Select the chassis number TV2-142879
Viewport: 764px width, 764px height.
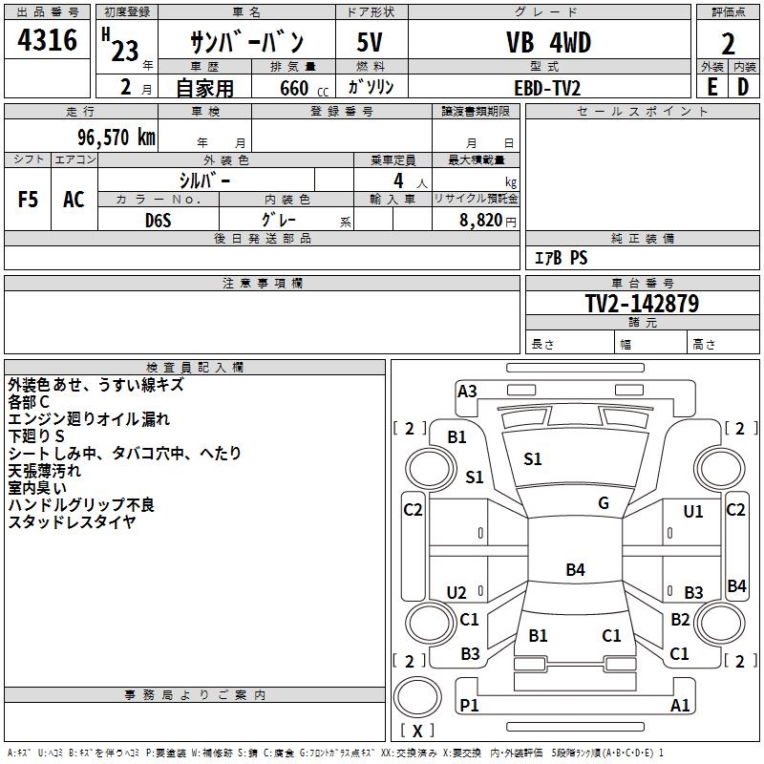pyautogui.click(x=642, y=304)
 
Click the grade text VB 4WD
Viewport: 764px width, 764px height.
pyautogui.click(x=548, y=43)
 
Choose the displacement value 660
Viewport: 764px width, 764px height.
pyautogui.click(x=294, y=88)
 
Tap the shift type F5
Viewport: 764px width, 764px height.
pyautogui.click(x=29, y=200)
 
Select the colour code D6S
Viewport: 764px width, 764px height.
pyautogui.click(x=159, y=220)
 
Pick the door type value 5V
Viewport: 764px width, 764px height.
pyautogui.click(x=371, y=43)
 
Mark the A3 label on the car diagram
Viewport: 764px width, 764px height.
pyautogui.click(x=467, y=391)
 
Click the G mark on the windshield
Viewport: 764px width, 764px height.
pyautogui.click(x=604, y=502)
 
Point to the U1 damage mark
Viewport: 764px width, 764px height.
pyautogui.click(x=692, y=512)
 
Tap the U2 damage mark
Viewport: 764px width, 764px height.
pyautogui.click(x=456, y=593)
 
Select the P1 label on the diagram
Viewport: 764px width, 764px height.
pyautogui.click(x=469, y=705)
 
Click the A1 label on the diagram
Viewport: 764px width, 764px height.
pyautogui.click(x=681, y=705)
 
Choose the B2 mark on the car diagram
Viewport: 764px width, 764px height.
pyautogui.click(x=680, y=620)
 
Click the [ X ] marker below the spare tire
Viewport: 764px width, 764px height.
pyautogui.click(x=417, y=731)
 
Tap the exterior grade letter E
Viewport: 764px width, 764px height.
pyautogui.click(x=711, y=87)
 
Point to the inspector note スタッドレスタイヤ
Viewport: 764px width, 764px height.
pyautogui.click(x=72, y=522)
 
